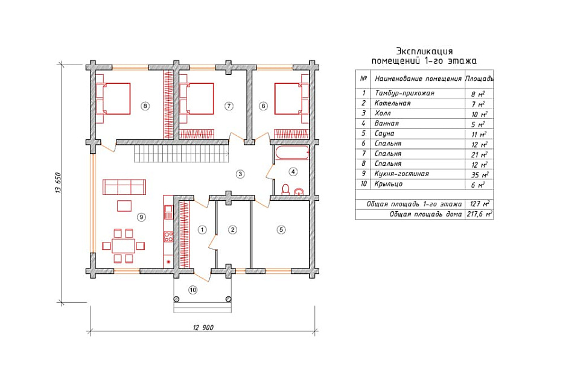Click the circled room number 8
tap(145, 106)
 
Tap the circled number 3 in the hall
tap(240, 174)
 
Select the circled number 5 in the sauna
tap(281, 229)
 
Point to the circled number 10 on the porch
tap(193, 290)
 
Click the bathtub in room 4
tap(291, 153)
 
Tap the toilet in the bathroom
tap(285, 189)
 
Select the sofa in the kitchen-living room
tap(124, 187)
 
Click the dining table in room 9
tap(124, 246)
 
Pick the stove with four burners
tap(168, 236)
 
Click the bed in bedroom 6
tap(291, 98)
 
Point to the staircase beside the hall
tap(181, 154)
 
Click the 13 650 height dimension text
tap(58, 183)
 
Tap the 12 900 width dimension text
tap(203, 327)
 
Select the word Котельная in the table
tap(392, 103)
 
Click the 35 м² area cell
tap(480, 174)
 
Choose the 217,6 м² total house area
tap(479, 214)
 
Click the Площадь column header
tap(479, 78)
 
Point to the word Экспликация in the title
tap(424, 51)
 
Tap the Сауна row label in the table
tap(384, 133)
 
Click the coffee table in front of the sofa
tap(124, 206)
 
